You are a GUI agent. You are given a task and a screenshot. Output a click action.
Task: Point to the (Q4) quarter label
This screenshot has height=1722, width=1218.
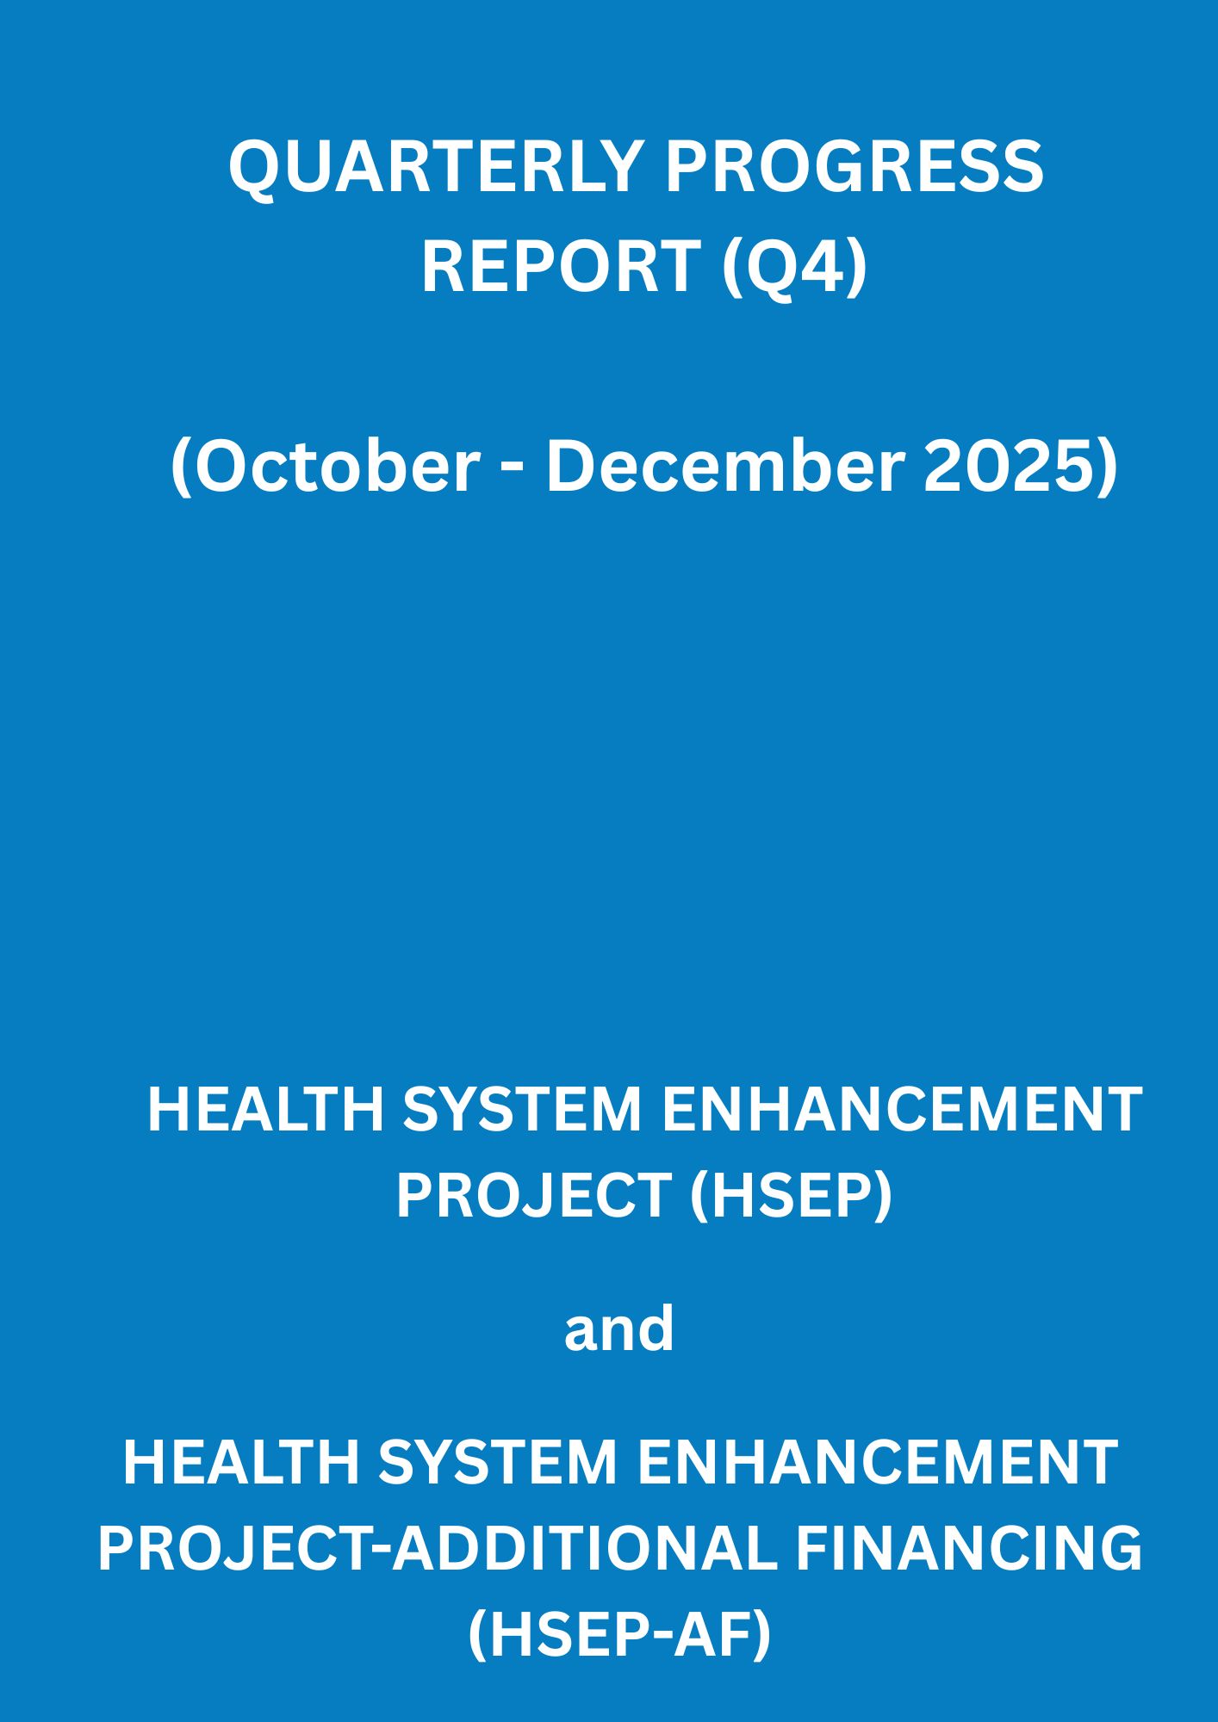click(x=793, y=267)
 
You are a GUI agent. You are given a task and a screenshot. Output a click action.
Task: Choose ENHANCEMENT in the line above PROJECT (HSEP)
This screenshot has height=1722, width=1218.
click(x=902, y=1109)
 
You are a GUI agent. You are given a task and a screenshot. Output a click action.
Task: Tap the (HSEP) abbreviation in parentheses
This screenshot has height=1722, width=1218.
click(x=791, y=1196)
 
